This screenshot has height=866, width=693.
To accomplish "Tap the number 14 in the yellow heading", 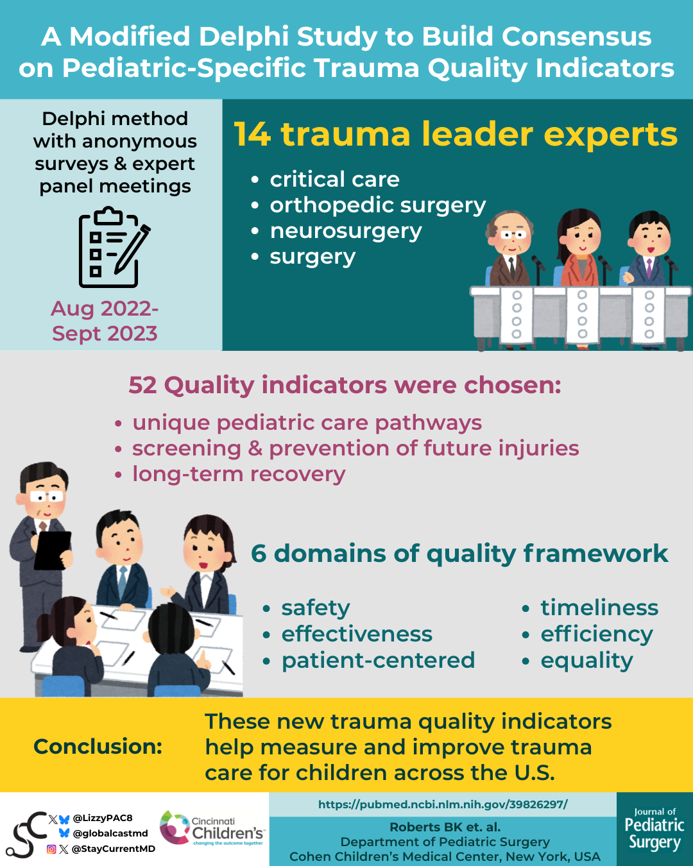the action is click(252, 135).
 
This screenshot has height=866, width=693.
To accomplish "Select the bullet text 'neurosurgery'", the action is click(346, 232).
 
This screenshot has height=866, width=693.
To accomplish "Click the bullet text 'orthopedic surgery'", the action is click(378, 205).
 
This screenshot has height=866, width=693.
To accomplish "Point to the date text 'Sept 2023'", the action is click(105, 334).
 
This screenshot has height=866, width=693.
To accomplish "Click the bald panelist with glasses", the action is click(510, 249).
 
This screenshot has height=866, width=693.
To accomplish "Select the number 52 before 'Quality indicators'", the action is click(142, 385).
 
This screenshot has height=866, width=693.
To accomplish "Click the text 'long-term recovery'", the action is click(239, 475).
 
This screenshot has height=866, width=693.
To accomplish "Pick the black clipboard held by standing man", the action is click(53, 550).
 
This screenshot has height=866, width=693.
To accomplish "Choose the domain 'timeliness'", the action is click(599, 607).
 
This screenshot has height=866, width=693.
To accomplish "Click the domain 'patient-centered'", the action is click(378, 660).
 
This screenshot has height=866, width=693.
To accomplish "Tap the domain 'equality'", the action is click(586, 661).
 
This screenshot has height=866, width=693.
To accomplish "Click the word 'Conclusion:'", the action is click(98, 747).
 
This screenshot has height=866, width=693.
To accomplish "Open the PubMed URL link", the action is click(443, 804).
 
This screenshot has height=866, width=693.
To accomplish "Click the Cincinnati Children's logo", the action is click(212, 828).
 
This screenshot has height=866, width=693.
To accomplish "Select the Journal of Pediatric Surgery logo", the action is click(654, 829).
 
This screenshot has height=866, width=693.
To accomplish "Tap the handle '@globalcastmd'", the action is click(110, 833).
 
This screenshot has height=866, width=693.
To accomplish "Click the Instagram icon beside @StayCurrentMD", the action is click(51, 849).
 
